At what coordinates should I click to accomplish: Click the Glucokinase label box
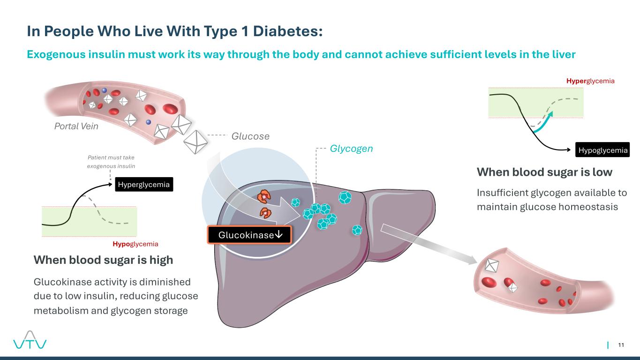click(x=249, y=234)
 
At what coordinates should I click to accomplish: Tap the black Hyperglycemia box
click(x=144, y=185)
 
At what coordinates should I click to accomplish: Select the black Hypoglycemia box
click(x=602, y=150)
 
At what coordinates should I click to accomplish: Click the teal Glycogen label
click(x=351, y=149)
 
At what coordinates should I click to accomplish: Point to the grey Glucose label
click(x=250, y=136)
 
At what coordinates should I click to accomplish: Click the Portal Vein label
click(x=76, y=126)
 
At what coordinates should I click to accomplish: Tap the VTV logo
click(x=29, y=340)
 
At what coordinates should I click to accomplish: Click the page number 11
click(x=621, y=345)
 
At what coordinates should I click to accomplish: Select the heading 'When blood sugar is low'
click(x=544, y=172)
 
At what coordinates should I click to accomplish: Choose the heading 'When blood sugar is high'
click(x=103, y=260)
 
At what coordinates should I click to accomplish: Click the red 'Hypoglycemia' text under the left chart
click(x=135, y=244)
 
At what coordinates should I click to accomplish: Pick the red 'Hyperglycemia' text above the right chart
click(x=590, y=81)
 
